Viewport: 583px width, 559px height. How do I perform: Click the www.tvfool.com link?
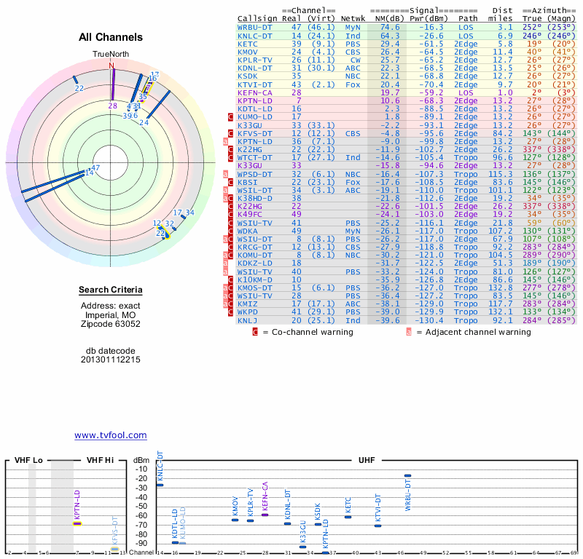click(110, 435)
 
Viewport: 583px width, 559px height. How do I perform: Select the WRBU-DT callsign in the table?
click(255, 27)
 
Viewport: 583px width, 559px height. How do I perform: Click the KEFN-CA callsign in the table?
click(255, 92)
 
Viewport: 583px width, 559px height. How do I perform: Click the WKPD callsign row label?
click(249, 312)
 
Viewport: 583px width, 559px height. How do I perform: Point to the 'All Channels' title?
click(111, 37)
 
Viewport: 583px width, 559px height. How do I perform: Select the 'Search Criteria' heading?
click(111, 291)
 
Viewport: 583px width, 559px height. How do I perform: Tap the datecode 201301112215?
click(111, 359)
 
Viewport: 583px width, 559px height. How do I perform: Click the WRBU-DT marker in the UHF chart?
click(407, 475)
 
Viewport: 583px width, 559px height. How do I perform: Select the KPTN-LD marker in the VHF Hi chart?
click(77, 523)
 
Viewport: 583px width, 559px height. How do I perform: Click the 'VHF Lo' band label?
click(28, 461)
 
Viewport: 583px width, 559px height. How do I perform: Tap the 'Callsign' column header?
click(257, 18)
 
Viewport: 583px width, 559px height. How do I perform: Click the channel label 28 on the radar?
click(112, 106)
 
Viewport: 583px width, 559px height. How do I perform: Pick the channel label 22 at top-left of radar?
click(79, 89)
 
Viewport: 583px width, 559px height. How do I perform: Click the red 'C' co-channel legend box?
click(255, 332)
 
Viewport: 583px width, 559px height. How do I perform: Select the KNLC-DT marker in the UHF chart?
click(160, 484)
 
